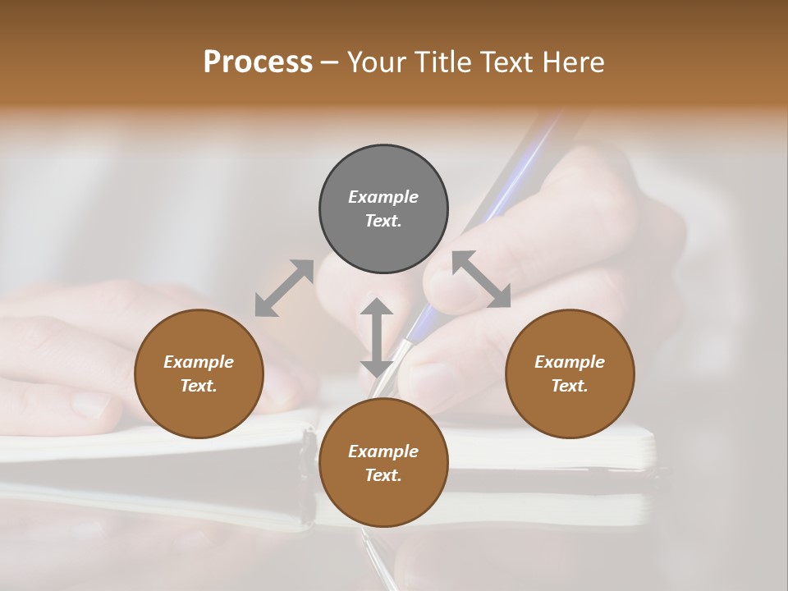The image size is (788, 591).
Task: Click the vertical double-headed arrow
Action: coord(377,337)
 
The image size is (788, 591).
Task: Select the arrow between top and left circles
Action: coord(284,287)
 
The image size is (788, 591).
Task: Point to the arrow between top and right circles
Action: coord(481,279)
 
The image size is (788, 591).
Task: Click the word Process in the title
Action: coord(258,62)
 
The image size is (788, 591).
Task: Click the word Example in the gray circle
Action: coord(383,197)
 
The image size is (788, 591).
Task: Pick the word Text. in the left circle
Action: coord(199,386)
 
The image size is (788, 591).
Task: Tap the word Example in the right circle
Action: coord(570,362)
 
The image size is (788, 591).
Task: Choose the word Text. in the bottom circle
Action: coord(383,475)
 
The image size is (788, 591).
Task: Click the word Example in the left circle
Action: coord(199,362)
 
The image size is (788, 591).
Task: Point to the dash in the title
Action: coord(330,62)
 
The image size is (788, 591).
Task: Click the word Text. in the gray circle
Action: coord(383,221)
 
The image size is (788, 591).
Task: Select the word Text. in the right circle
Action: coord(570,386)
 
